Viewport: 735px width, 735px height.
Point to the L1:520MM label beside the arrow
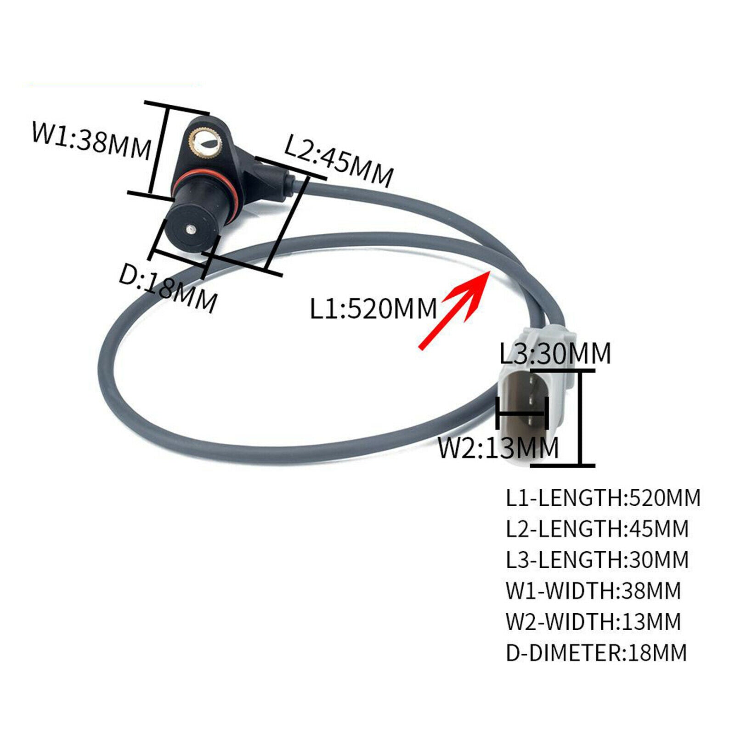click(x=373, y=308)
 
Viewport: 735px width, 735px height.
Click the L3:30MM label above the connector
click(x=555, y=353)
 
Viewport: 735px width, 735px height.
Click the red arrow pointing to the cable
click(x=455, y=310)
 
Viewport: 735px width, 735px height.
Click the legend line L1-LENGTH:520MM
click(x=603, y=498)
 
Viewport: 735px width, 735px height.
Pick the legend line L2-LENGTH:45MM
click(x=597, y=529)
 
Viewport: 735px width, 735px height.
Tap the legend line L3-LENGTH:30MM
click(x=597, y=560)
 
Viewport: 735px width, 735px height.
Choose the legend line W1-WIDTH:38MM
click(x=593, y=590)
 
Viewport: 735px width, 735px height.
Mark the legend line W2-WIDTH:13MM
click(x=593, y=622)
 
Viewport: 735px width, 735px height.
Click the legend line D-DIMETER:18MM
click(x=596, y=652)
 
